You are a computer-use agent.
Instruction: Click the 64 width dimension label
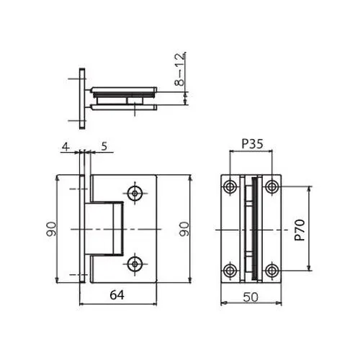tap(117, 295)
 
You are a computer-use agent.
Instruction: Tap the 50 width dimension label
tap(251, 297)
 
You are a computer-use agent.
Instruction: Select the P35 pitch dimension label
tap(252, 144)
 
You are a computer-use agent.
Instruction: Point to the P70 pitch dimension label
tap(300, 230)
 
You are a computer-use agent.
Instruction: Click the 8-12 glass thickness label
tap(180, 69)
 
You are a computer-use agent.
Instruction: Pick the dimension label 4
tap(66, 146)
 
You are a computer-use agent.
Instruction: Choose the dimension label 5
tap(104, 146)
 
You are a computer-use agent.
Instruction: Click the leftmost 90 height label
tap(51, 229)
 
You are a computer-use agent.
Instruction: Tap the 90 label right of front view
tap(184, 229)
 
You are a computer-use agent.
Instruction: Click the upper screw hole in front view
tap(135, 193)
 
